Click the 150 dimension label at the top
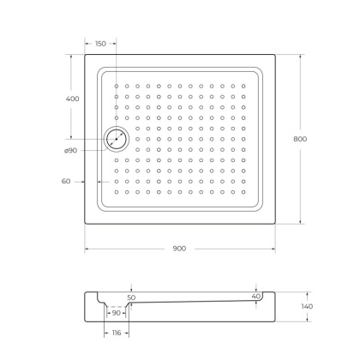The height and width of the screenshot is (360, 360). [101, 44]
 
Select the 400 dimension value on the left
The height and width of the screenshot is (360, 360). [72, 99]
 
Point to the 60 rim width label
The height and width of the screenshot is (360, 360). [66, 181]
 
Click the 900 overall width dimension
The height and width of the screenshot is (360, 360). [180, 249]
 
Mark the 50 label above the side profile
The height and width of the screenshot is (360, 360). [131, 297]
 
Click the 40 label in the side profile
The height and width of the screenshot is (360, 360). [255, 297]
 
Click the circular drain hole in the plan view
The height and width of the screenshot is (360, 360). [115, 138]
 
